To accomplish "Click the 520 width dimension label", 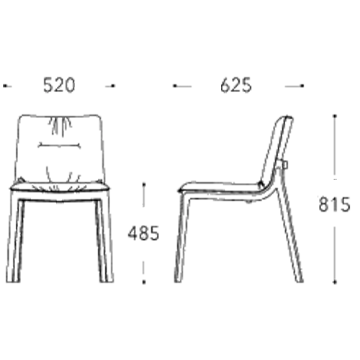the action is (x=59, y=85).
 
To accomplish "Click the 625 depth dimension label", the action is (x=236, y=85).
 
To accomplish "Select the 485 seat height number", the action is (x=143, y=233).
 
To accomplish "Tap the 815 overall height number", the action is (x=334, y=204).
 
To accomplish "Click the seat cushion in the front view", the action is (x=60, y=187).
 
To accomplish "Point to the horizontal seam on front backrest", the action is (x=60, y=145).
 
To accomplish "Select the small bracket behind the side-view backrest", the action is (x=285, y=165).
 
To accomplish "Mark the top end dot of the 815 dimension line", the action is (x=335, y=116).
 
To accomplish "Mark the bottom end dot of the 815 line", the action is (x=335, y=282).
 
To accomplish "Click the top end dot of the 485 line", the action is (x=144, y=184).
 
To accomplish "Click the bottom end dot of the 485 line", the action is (x=144, y=282).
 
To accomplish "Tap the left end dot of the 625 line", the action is (x=175, y=86).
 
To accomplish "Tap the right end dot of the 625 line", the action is (x=302, y=86).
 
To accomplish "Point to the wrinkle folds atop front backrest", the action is (x=60, y=125).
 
